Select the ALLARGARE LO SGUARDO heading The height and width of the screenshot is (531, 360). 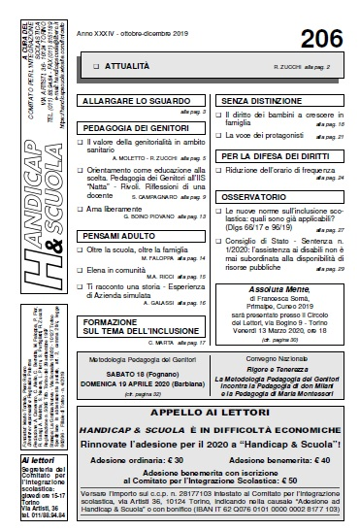coord(128,100)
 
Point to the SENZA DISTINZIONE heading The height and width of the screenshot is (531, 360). coord(262,100)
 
